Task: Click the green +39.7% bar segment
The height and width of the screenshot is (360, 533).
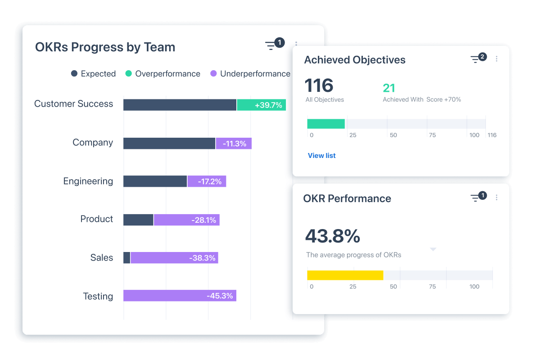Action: click(x=261, y=105)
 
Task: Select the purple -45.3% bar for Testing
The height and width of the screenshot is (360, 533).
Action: click(x=180, y=296)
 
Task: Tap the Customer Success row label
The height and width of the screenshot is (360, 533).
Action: click(x=73, y=104)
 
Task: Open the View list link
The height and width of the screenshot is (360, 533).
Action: click(x=321, y=156)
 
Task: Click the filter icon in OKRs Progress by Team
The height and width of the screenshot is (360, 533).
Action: click(x=271, y=45)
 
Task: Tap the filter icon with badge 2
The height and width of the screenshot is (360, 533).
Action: click(x=476, y=59)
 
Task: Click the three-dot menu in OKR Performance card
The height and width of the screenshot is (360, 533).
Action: click(x=497, y=198)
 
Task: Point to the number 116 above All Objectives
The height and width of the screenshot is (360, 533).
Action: click(x=319, y=85)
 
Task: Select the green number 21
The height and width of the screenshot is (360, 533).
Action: click(x=388, y=88)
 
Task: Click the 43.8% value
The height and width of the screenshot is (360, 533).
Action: click(x=332, y=236)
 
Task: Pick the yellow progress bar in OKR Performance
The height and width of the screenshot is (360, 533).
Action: click(x=345, y=275)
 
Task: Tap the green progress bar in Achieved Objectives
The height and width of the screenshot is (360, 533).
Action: click(x=326, y=124)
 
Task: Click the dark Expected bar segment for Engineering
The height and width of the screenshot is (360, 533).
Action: click(x=155, y=181)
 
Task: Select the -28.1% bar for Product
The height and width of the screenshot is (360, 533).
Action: click(x=186, y=220)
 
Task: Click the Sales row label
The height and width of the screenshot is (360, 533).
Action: click(x=102, y=258)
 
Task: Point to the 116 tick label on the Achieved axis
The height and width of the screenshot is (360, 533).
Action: click(x=492, y=135)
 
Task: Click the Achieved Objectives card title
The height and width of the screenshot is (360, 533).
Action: click(x=355, y=60)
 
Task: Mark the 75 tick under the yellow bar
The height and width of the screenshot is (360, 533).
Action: click(x=432, y=287)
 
